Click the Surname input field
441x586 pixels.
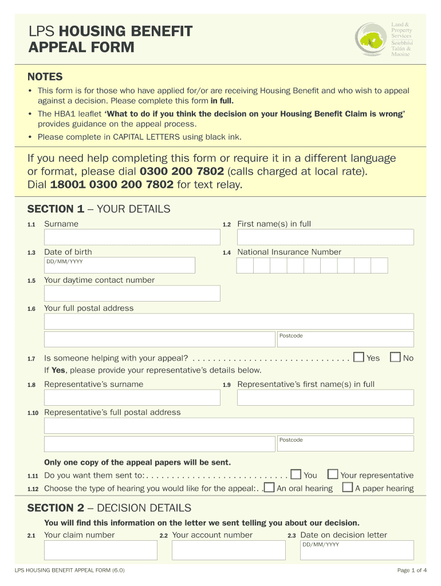pos(132,237)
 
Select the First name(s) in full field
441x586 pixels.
pos(325,237)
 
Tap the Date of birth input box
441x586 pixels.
pos(120,265)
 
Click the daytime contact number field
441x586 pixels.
pos(132,293)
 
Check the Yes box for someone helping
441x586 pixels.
pos(359,357)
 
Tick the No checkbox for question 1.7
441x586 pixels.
pos(395,357)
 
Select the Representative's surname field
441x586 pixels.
pos(132,397)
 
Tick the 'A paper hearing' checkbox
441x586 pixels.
pos(347,488)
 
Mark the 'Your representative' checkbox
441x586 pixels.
pos(332,474)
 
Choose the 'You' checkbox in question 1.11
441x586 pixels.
pos(296,474)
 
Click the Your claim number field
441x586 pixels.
pos(100,550)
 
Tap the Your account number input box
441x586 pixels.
pos(228,550)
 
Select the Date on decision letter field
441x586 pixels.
pos(356,550)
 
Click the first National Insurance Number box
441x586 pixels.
pos(245,265)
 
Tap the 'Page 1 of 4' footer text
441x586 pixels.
pos(412,570)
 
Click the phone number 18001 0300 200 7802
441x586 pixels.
pos(112,184)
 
